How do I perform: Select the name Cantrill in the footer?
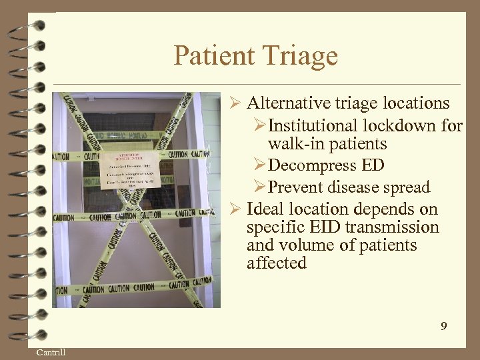click(51, 352)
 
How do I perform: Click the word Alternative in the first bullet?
click(285, 103)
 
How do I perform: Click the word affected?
click(276, 263)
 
